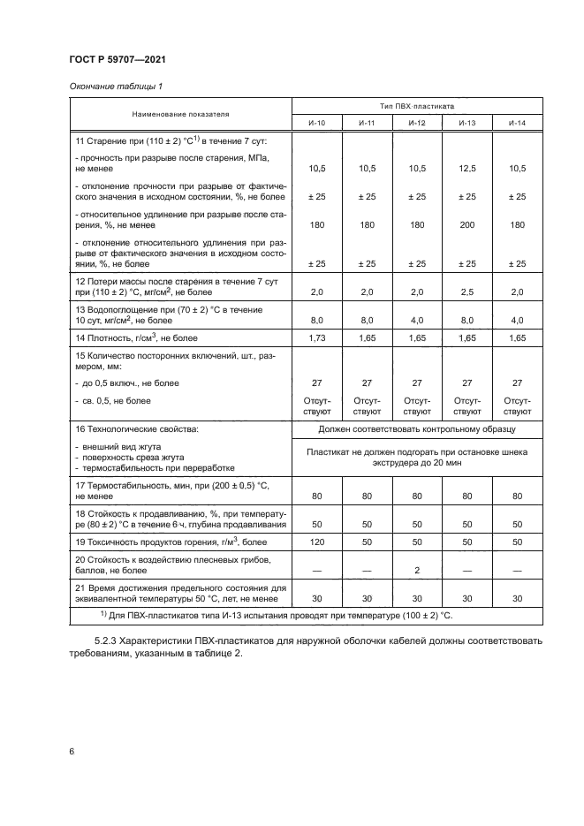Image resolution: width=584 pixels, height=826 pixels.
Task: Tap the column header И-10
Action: (316, 122)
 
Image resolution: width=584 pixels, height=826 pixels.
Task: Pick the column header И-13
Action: (466, 122)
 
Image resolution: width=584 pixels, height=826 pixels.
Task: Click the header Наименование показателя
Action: (180, 113)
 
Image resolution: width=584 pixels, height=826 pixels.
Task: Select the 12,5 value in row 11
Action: (466, 168)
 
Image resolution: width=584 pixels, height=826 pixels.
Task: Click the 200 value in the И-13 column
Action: (466, 225)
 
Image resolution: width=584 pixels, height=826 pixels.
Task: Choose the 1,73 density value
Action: (316, 338)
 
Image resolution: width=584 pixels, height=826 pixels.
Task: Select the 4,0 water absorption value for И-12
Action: (416, 320)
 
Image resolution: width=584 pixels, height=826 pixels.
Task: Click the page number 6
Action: (70, 751)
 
